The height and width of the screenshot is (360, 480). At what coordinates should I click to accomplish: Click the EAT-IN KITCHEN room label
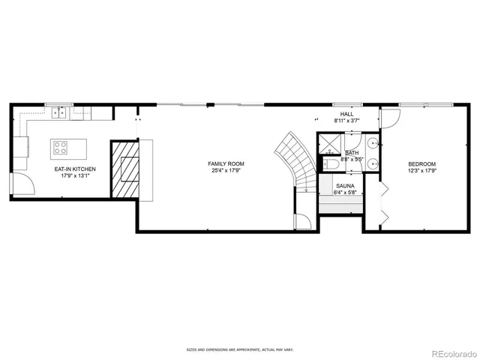tap(74, 169)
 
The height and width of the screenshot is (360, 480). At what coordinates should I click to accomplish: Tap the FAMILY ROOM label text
tap(226, 163)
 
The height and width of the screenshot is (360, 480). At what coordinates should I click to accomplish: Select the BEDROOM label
tap(421, 163)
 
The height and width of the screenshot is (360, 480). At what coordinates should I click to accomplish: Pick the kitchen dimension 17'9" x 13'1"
tap(74, 177)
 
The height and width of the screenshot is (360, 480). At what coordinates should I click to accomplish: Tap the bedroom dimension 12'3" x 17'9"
tap(421, 171)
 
